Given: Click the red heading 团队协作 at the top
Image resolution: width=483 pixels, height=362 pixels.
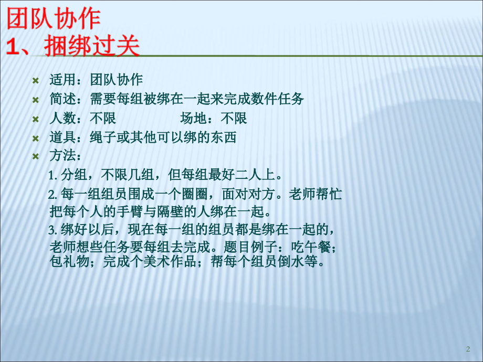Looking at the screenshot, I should (53, 20).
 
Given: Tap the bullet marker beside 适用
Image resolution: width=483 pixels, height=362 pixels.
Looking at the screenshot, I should (36, 80).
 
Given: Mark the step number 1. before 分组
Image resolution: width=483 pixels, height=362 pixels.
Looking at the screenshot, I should (52, 175).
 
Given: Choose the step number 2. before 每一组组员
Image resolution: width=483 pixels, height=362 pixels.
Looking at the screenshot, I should (52, 195).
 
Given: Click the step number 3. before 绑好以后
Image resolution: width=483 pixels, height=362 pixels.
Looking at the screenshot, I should (52, 229).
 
